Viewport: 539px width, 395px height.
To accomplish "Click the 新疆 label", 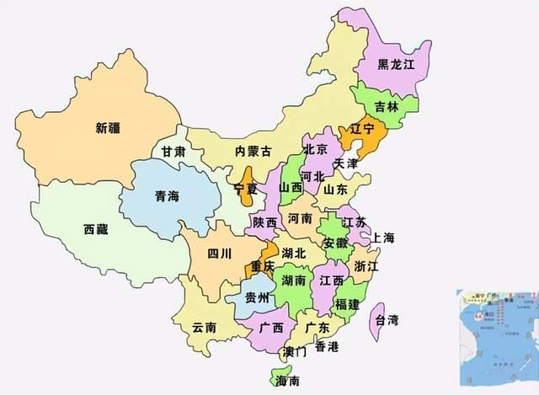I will (108, 129).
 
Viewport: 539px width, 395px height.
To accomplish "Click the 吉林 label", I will (387, 107).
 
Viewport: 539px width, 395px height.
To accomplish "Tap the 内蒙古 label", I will (253, 152).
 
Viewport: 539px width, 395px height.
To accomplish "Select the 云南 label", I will (205, 327).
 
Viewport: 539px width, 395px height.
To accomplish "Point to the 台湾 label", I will (387, 320).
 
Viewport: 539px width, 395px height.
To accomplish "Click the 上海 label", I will (382, 238).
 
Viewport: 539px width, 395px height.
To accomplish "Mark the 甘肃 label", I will (174, 152).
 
